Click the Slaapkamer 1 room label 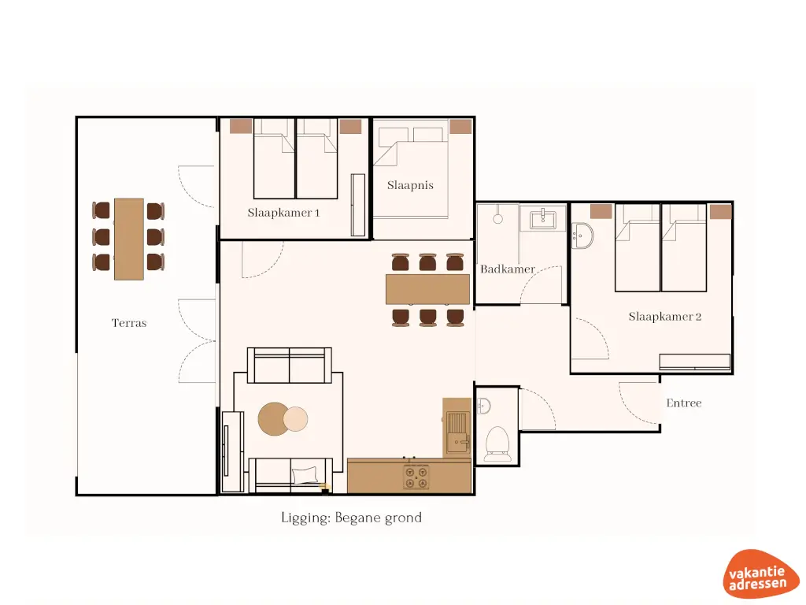[x=283, y=212]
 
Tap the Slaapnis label [x=410, y=186]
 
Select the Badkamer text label [x=508, y=269]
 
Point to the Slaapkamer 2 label [x=664, y=317]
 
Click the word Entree [x=683, y=403]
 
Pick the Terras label [x=129, y=323]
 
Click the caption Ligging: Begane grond [x=351, y=518]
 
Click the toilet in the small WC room [x=497, y=442]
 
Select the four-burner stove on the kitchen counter [x=416, y=477]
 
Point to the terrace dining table [x=129, y=239]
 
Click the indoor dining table [x=427, y=289]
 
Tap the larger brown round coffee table [x=273, y=419]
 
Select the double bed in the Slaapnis [x=411, y=169]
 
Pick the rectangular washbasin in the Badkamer [x=548, y=217]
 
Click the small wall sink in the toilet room [x=484, y=406]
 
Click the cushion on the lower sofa [x=305, y=475]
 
